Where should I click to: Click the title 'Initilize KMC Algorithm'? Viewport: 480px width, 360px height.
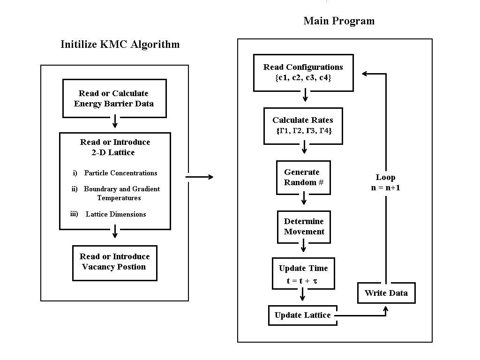[120, 45]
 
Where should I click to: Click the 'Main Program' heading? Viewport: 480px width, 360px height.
[339, 21]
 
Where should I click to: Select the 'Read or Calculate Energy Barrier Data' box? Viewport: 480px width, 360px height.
[114, 98]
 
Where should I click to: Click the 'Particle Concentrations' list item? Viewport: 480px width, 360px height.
[120, 173]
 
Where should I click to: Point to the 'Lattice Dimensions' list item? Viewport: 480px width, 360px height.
[115, 214]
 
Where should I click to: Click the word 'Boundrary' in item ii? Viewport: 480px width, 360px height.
[100, 189]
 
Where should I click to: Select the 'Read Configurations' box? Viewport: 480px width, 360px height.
[303, 73]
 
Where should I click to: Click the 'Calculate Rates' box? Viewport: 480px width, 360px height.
[303, 126]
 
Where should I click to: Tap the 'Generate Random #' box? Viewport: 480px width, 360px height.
[303, 177]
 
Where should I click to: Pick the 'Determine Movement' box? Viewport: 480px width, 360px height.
[304, 226]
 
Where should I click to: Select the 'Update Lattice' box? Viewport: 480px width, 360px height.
[302, 315]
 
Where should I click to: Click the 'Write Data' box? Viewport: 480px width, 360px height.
[386, 293]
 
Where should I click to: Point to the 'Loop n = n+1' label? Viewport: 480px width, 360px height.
[385, 182]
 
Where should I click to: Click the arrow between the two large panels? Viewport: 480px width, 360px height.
[199, 177]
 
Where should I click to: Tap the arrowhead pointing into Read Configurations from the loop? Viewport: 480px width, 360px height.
[366, 73]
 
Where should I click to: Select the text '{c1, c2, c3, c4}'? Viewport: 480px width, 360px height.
[303, 78]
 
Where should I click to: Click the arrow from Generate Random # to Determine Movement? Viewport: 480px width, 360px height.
[304, 199]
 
